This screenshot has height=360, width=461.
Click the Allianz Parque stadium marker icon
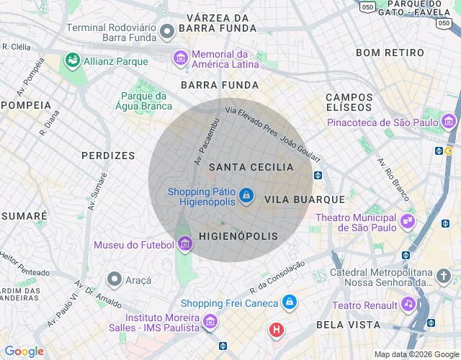pyautogui.click(x=73, y=61)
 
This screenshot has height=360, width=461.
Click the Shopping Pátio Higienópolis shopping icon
pyautogui.click(x=246, y=195)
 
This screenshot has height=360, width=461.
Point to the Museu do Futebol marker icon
pyautogui.click(x=184, y=245)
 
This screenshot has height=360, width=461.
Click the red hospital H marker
pyautogui.click(x=276, y=330)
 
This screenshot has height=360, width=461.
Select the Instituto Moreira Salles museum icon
pyautogui.click(x=210, y=321)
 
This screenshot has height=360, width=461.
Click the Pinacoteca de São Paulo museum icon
pyautogui.click(x=449, y=122)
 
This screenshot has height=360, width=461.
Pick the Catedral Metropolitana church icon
pyautogui.click(x=444, y=276)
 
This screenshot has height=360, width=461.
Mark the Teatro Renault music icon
pyautogui.click(x=408, y=305)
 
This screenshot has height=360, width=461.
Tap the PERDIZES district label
pyautogui.click(x=108, y=156)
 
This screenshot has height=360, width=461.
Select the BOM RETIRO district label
pyautogui.click(x=390, y=53)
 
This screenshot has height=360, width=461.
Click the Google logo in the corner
pyautogui.click(x=24, y=351)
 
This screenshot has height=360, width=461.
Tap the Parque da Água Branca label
pyautogui.click(x=144, y=102)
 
